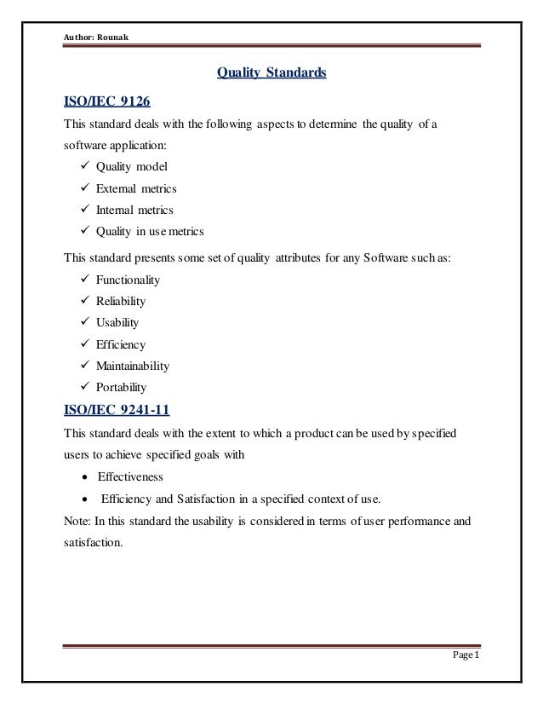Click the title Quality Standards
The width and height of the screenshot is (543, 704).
pyautogui.click(x=271, y=74)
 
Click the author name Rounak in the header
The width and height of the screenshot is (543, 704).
pyautogui.click(x=108, y=14)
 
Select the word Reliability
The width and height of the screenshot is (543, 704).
pyautogui.click(x=120, y=301)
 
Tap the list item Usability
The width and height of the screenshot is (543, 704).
pyautogui.click(x=118, y=322)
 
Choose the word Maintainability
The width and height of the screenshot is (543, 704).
pyautogui.click(x=132, y=366)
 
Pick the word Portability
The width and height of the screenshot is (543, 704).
pyautogui.click(x=121, y=387)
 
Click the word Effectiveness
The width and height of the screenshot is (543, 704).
pyautogui.click(x=130, y=476)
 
